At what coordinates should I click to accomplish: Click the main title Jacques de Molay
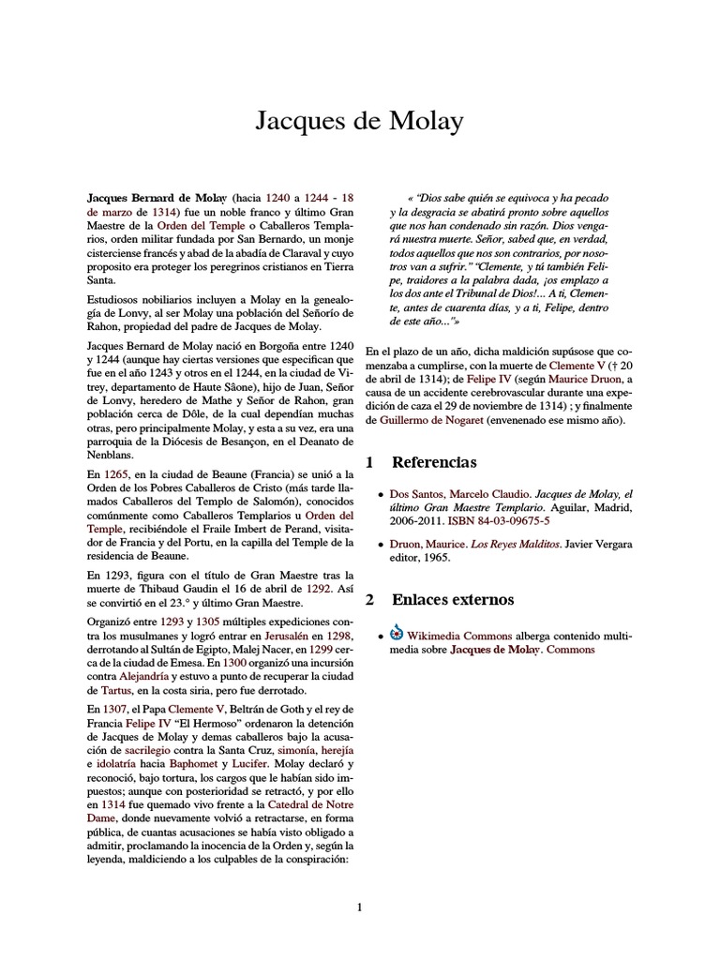tap(359, 122)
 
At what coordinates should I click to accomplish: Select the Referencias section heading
tap(433, 462)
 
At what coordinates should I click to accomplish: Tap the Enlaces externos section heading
tap(452, 599)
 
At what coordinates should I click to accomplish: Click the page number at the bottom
tap(359, 907)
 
